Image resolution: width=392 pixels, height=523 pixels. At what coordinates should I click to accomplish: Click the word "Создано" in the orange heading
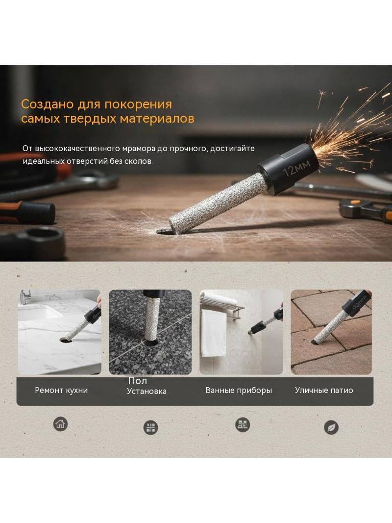[48, 105]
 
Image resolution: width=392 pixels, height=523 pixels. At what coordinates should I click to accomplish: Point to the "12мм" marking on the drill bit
[296, 167]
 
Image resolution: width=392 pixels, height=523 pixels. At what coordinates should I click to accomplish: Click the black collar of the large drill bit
[289, 169]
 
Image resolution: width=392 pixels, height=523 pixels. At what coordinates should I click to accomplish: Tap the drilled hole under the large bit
[166, 231]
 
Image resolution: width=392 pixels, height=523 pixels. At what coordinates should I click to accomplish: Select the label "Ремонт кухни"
[61, 390]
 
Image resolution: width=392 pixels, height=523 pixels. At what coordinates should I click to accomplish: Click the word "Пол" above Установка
[137, 381]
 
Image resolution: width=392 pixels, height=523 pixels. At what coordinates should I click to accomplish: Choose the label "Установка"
[147, 391]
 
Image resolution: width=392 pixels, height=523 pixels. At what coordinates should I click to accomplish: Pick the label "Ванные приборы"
[239, 390]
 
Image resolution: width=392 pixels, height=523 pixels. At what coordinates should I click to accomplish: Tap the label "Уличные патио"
[324, 390]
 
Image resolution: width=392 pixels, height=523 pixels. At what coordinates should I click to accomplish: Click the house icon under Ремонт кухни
[60, 424]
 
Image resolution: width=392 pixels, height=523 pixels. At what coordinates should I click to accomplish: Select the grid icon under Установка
[150, 428]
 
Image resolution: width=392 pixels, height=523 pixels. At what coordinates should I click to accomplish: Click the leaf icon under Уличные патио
[331, 428]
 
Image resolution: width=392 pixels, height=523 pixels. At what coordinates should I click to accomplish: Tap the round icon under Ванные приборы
[243, 425]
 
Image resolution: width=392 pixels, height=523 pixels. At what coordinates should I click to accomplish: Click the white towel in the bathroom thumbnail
[213, 333]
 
